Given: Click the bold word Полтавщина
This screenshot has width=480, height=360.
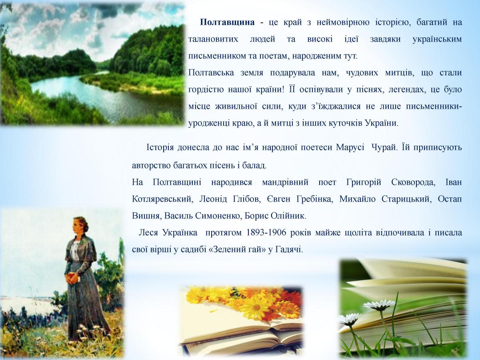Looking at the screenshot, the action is [227, 22].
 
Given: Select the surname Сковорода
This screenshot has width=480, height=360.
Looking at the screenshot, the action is [412, 182].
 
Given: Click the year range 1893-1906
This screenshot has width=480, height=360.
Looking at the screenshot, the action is [266, 232].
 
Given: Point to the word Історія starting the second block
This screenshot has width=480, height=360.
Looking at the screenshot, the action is [160, 148].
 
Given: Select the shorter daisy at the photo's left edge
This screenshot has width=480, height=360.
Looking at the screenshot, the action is [349, 319].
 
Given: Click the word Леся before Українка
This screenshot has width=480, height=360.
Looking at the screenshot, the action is [148, 232].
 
